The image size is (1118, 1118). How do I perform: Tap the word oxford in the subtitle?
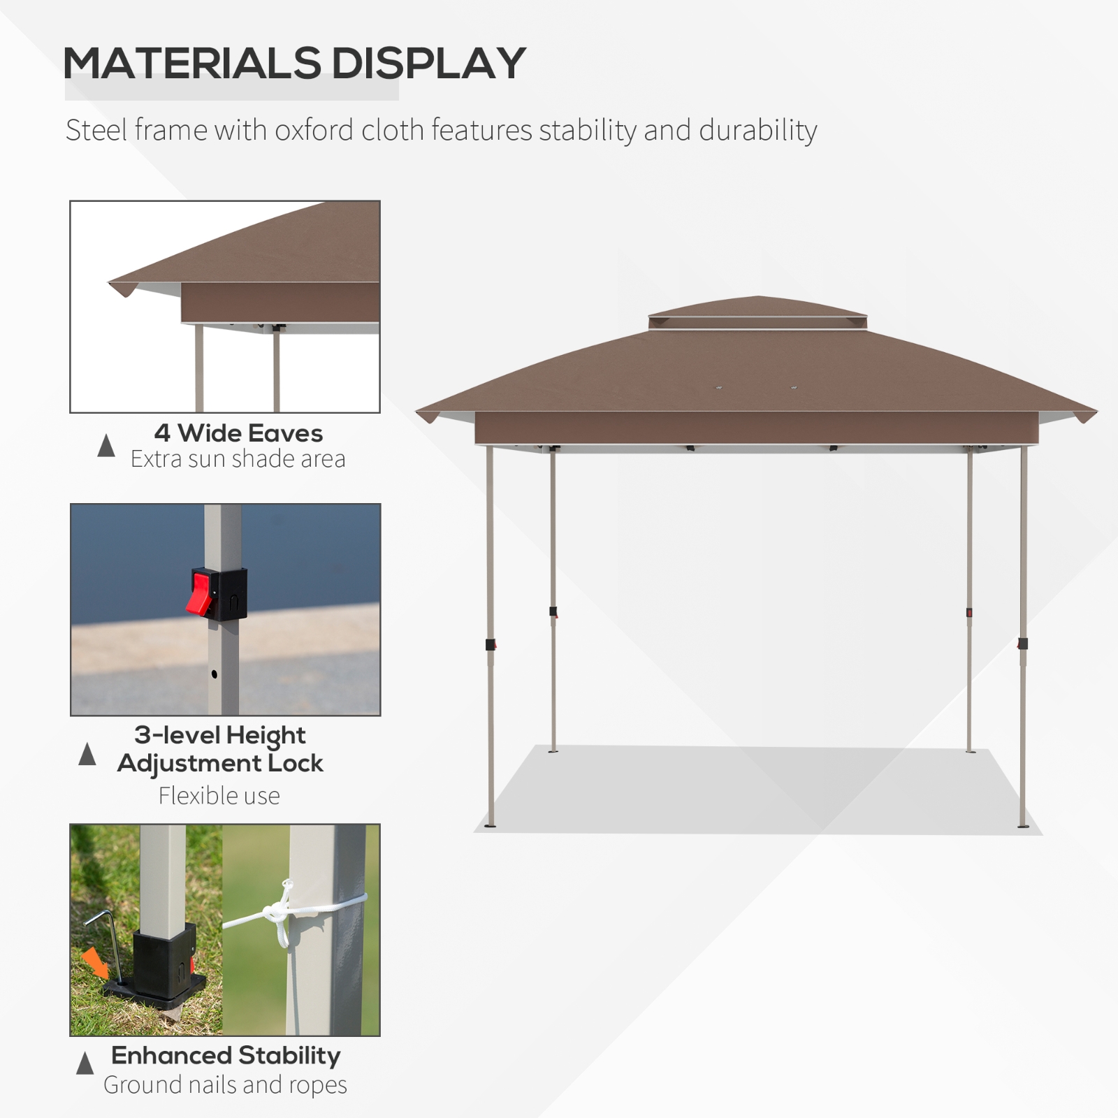[x=314, y=130]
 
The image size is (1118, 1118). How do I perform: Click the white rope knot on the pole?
[x=275, y=911]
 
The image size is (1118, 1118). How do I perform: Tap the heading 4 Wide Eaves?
[x=238, y=433]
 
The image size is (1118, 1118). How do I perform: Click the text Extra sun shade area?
[x=238, y=459]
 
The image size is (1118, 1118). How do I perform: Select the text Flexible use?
[x=219, y=796]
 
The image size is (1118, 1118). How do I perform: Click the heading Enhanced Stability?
[x=226, y=1055]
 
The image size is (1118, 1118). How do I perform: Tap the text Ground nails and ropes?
[x=225, y=1084]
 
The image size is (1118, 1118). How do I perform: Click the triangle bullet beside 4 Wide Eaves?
[x=106, y=446]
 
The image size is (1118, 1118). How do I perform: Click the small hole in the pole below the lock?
[x=214, y=674]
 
